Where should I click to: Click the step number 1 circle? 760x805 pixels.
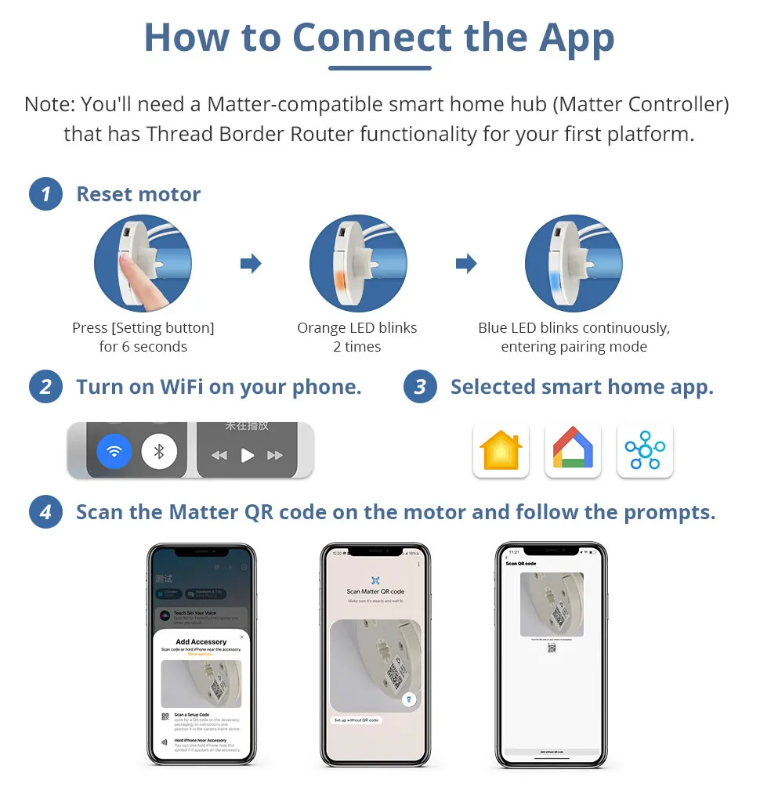(45, 194)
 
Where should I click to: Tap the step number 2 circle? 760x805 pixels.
(45, 387)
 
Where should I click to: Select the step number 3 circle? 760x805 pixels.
(420, 387)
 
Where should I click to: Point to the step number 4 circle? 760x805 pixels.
(45, 513)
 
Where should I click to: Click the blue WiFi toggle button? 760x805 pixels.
(114, 452)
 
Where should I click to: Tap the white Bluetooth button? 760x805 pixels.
(159, 452)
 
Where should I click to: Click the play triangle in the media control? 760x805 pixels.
(248, 455)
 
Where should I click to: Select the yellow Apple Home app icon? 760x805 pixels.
(501, 451)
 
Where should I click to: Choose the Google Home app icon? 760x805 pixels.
(573, 451)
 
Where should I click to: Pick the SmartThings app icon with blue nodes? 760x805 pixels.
(644, 451)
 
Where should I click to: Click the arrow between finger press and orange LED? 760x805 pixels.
(251, 263)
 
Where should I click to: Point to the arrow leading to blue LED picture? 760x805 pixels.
(466, 263)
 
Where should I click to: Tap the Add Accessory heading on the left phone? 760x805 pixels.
(201, 642)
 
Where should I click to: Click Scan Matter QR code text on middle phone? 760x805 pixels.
(375, 591)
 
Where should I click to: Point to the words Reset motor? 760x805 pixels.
(138, 194)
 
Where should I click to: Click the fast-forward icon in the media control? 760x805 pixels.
(275, 455)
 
